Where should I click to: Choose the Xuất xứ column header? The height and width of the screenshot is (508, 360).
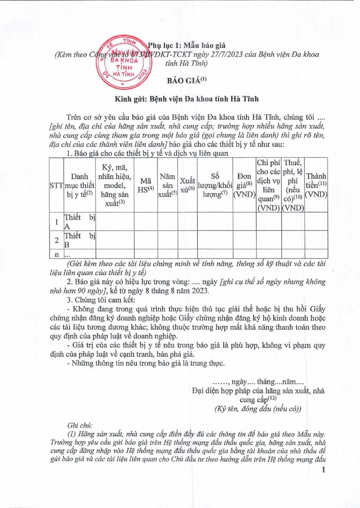tap(187, 185)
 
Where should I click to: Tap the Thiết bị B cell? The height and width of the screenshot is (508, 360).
tap(80, 240)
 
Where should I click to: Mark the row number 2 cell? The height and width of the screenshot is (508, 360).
tap(55, 240)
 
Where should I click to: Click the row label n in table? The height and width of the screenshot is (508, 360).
tap(55, 254)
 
